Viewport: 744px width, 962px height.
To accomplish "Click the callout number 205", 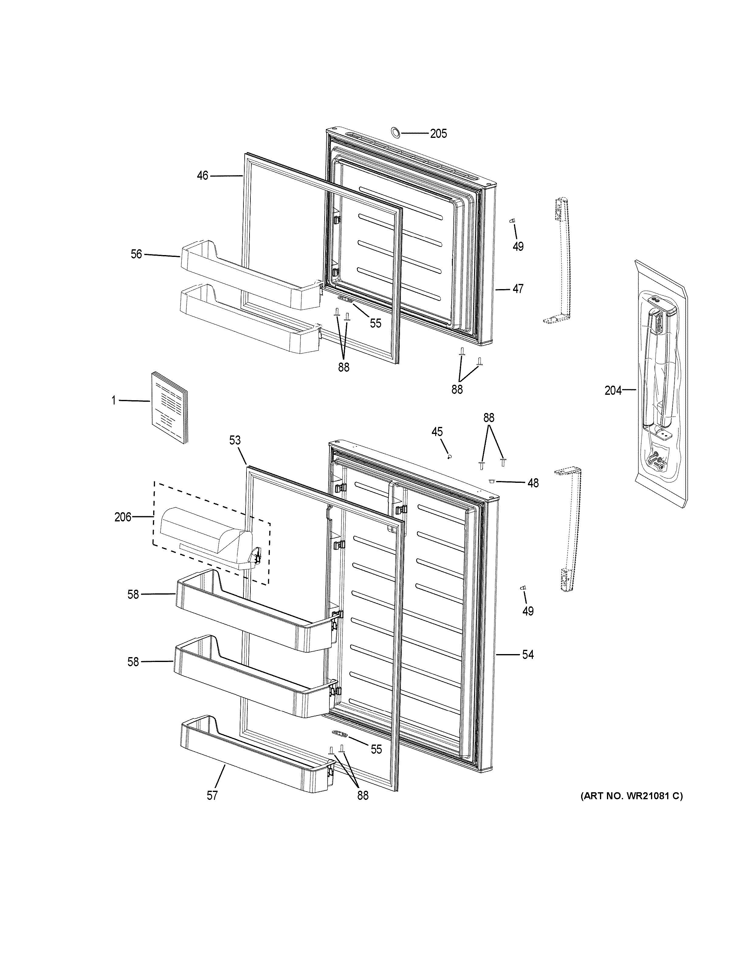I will pos(439,134).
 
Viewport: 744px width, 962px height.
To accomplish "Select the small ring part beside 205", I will pos(395,132).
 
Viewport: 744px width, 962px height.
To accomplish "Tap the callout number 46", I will pos(202,176).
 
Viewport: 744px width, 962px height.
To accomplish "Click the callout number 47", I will pos(518,289).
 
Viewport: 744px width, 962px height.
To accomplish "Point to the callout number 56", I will pos(137,254).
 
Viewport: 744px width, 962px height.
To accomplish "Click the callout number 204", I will pos(613,390).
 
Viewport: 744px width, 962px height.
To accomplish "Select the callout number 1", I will pos(114,401).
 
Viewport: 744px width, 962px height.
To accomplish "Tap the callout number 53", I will pos(235,440).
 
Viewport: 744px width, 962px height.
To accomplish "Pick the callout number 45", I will pos(437,432).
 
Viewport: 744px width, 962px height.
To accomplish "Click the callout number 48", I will pos(533,483).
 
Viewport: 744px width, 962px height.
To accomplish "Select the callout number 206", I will pos(123,517).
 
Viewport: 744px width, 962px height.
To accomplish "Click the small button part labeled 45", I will pos(449,457).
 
